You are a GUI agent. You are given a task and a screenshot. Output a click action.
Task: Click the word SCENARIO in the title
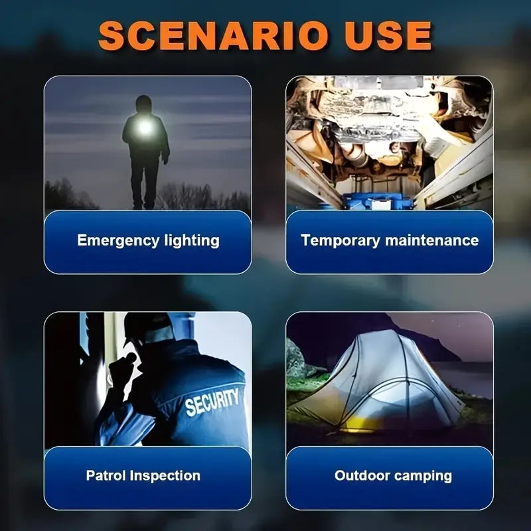pos(213,36)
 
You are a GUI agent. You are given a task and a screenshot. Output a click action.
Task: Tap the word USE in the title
pos(388,36)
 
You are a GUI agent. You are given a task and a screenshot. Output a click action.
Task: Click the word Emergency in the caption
pos(118,241)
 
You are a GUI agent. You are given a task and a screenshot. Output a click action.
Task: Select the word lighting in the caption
pos(192,241)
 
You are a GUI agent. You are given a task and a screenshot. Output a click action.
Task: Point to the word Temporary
pos(341,241)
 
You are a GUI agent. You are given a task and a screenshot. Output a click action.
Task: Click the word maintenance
pos(432,240)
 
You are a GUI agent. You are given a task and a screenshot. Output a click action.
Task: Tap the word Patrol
pos(106,475)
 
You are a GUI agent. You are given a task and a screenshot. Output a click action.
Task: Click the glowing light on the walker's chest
pos(145,127)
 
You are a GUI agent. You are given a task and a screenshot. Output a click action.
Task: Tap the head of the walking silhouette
pos(143,104)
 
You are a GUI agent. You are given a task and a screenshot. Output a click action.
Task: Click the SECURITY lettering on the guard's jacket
pos(212,402)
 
